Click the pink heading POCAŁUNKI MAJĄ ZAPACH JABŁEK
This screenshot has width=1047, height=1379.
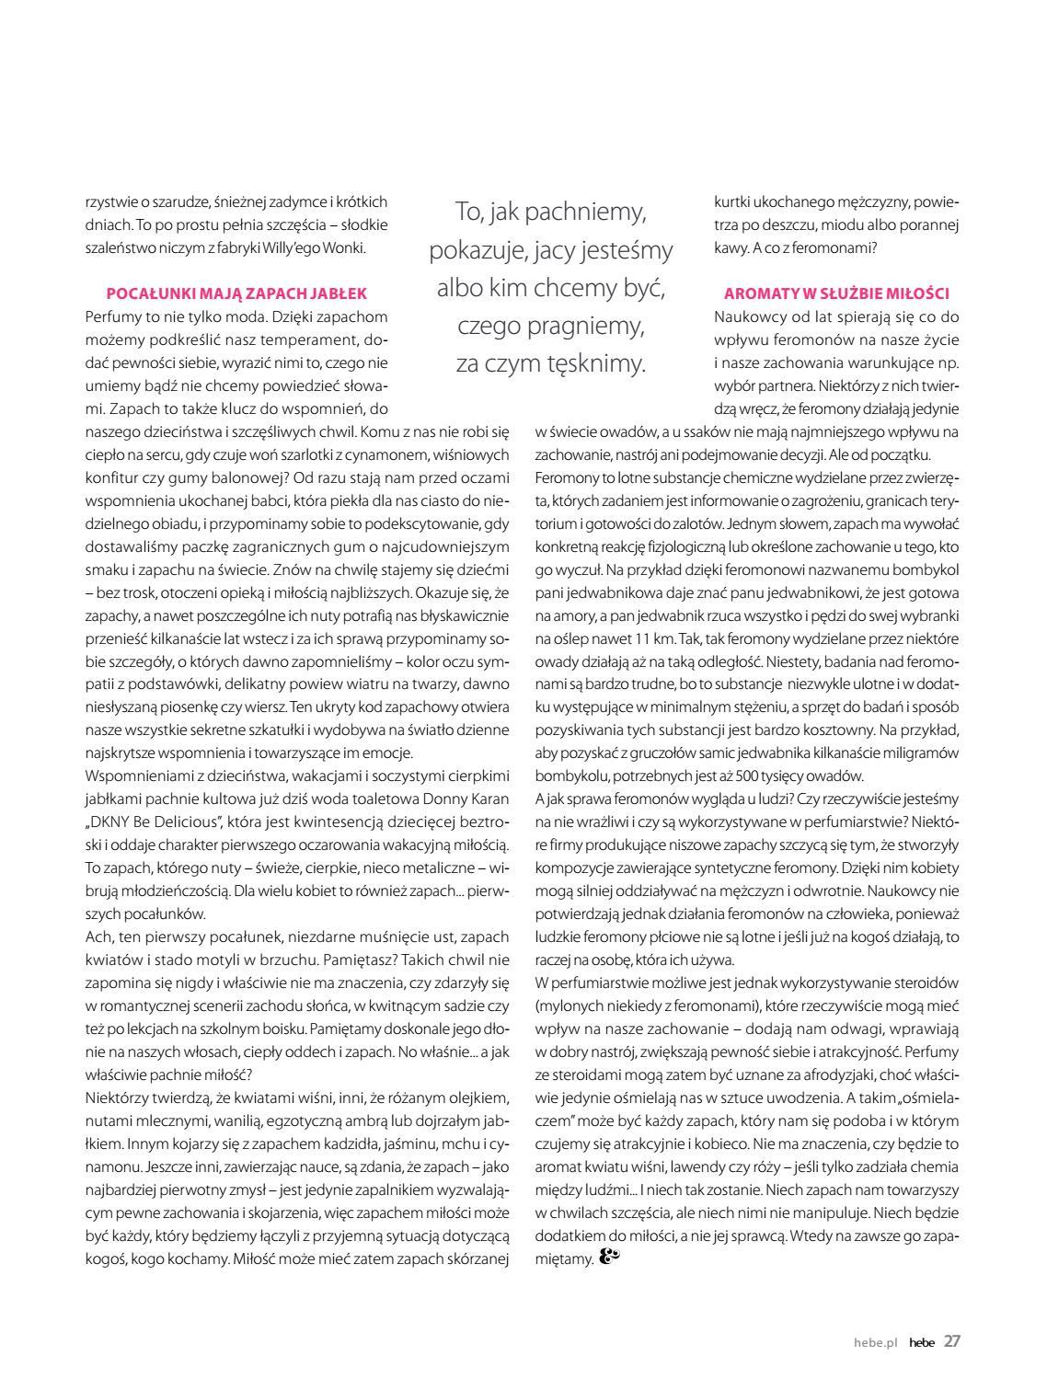(237, 293)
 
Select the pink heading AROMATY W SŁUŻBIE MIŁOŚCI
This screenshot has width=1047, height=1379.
(836, 293)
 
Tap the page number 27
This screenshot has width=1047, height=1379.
(952, 1340)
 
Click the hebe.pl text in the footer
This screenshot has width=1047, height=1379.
(875, 1342)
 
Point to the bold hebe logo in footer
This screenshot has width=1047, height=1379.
(921, 1342)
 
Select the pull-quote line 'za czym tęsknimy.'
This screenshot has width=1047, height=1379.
(551, 363)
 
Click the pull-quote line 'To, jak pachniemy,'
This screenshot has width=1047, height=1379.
(551, 212)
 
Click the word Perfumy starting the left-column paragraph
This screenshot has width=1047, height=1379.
(110, 316)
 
